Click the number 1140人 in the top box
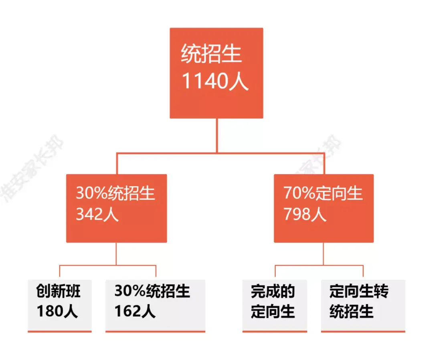pyautogui.click(x=215, y=81)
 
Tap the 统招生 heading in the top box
pyautogui.click(x=211, y=54)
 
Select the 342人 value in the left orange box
pyautogui.click(x=97, y=214)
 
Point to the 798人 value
pyautogui.click(x=305, y=214)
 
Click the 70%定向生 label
pyautogui.click(x=323, y=193)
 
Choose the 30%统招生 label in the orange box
pyautogui.click(x=115, y=193)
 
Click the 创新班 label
pyautogui.click(x=58, y=291)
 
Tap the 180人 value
pyautogui.click(x=57, y=311)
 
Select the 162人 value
pyautogui.click(x=135, y=311)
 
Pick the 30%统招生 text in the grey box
pyautogui.click(x=152, y=291)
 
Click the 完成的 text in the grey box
pyautogui.click(x=273, y=291)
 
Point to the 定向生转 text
pyautogui.click(x=359, y=291)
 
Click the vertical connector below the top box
pyautogui.click(x=217, y=136)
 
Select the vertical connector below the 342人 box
pyautogui.click(x=116, y=254)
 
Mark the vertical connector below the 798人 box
pyautogui.click(x=324, y=254)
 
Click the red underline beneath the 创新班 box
pyautogui.click(x=60, y=331)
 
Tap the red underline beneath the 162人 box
pyautogui.click(x=155, y=331)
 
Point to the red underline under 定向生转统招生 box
pyautogui.click(x=363, y=331)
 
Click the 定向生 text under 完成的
pyautogui.click(x=273, y=311)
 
